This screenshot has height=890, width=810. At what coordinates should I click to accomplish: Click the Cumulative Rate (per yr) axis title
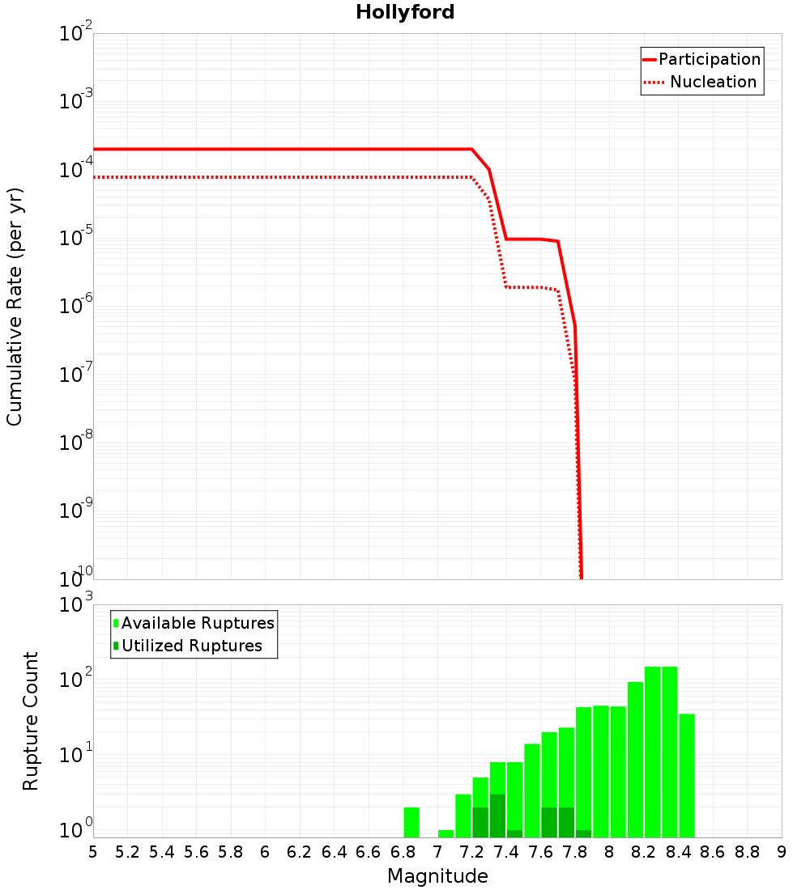(15, 307)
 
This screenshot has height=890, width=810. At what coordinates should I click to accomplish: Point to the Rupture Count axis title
(31, 721)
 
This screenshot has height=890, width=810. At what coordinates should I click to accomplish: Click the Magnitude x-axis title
(437, 876)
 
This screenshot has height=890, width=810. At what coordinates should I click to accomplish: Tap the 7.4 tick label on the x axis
(506, 852)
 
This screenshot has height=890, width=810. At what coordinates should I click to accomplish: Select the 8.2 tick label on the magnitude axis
(644, 852)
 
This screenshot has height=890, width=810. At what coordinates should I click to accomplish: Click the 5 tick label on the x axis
(93, 852)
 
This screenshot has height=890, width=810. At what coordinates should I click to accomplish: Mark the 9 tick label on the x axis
(781, 852)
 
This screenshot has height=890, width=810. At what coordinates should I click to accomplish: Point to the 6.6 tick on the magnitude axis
(369, 852)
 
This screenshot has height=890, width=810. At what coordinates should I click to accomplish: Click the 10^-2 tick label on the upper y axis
(76, 34)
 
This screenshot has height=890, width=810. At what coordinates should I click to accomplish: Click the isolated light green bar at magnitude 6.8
(411, 822)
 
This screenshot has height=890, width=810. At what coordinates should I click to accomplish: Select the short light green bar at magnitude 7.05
(446, 833)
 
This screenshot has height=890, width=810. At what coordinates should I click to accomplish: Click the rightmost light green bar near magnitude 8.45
(687, 775)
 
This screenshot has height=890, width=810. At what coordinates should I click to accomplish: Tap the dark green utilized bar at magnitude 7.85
(583, 833)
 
